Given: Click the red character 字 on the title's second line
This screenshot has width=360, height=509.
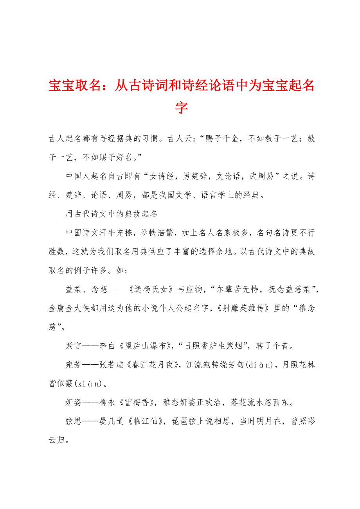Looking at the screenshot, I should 181,107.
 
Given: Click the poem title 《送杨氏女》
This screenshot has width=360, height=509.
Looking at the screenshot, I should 147,290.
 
